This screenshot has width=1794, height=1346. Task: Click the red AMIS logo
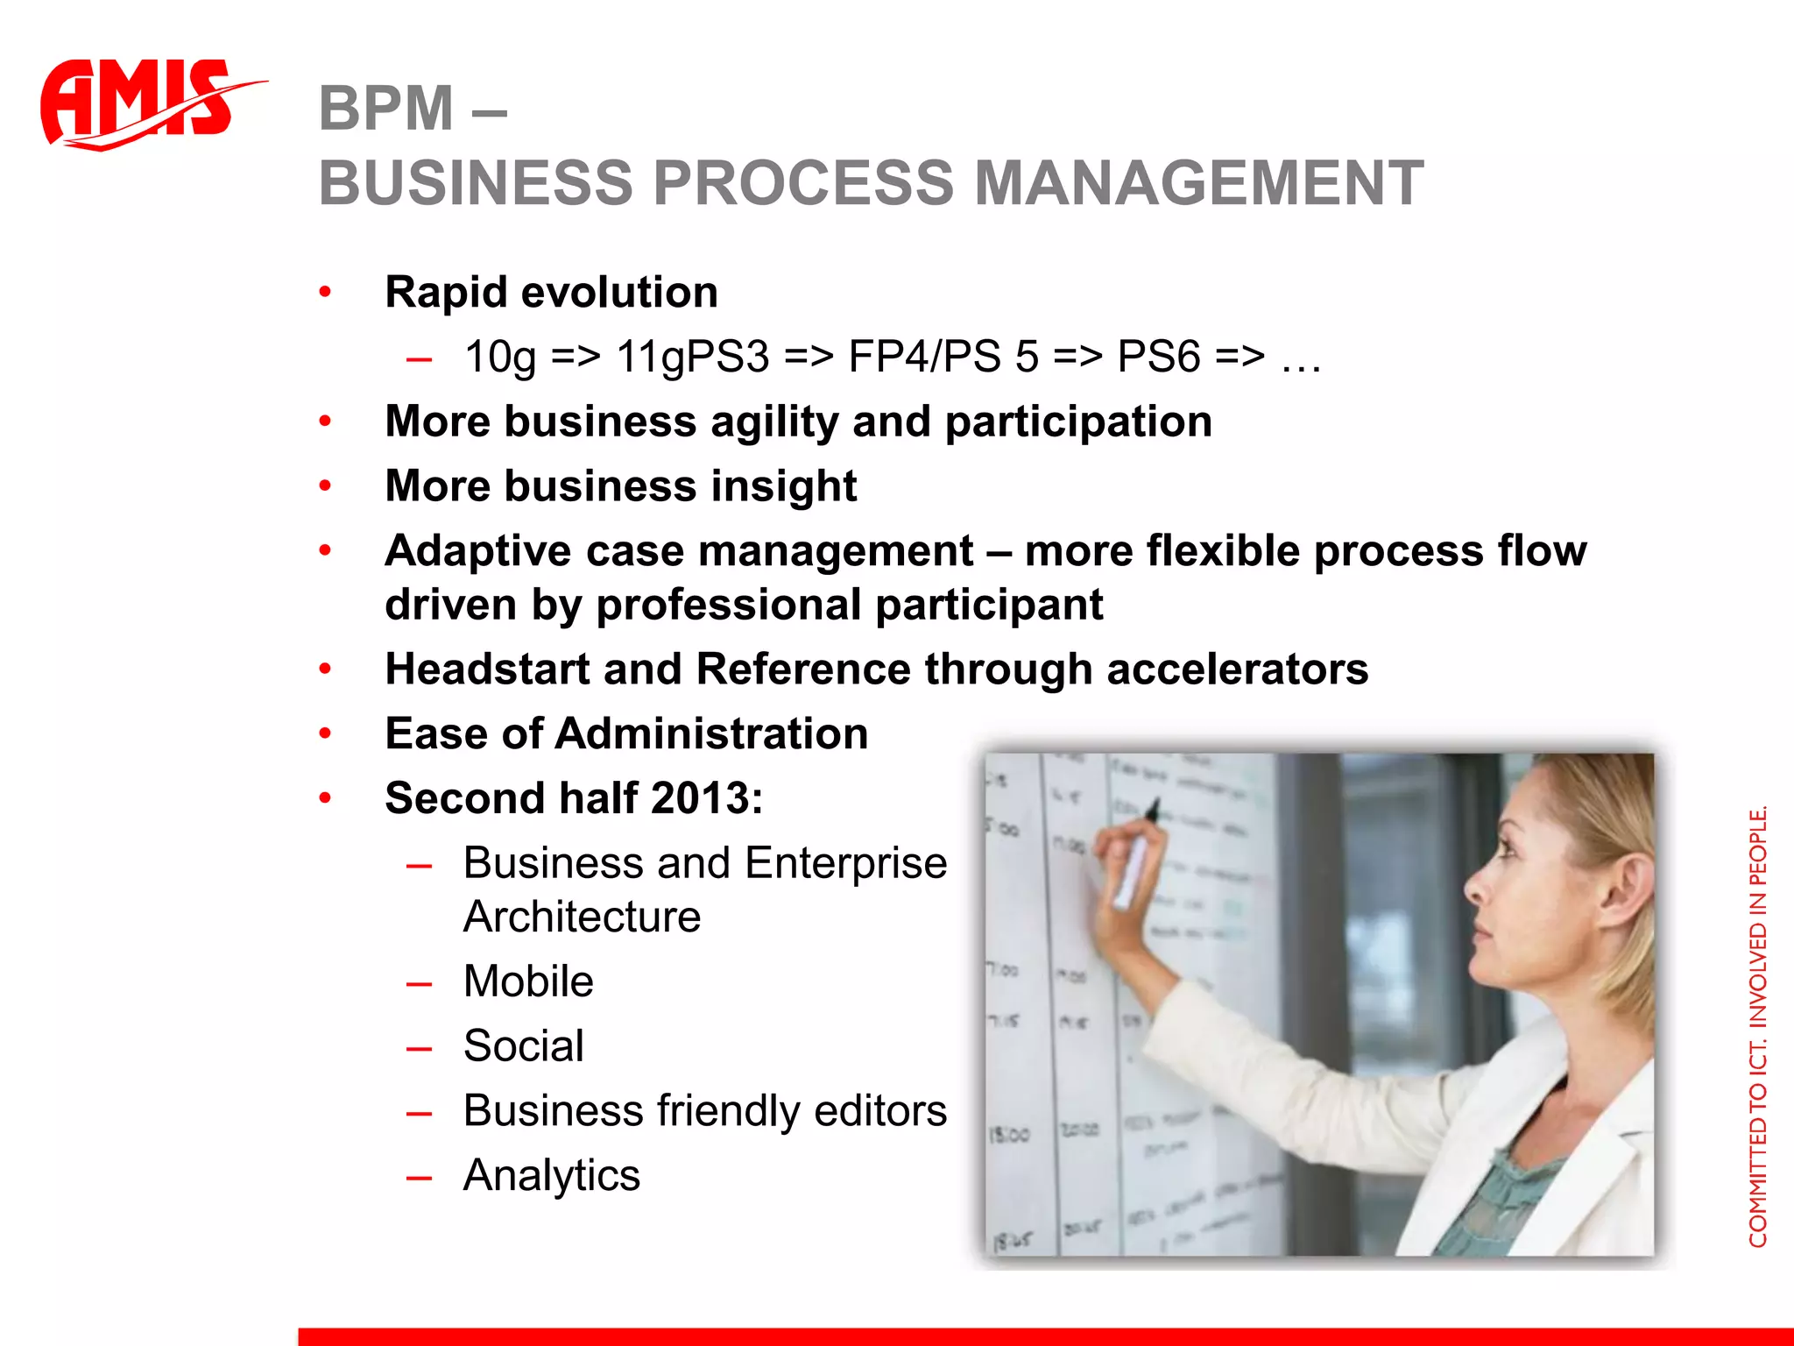pyautogui.click(x=140, y=103)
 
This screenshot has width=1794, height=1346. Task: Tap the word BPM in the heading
pyautogui.click(x=386, y=109)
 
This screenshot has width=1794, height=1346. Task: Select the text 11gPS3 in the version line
pyautogui.click(x=692, y=358)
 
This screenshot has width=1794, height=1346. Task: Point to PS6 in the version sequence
pyautogui.click(x=1158, y=357)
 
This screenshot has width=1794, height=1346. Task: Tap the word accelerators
pyautogui.click(x=1236, y=669)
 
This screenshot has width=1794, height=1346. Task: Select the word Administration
pyautogui.click(x=710, y=733)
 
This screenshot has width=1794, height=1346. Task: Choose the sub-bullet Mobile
pyautogui.click(x=528, y=981)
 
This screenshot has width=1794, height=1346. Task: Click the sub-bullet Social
pyautogui.click(x=523, y=1045)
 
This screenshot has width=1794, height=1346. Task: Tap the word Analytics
pyautogui.click(x=551, y=1175)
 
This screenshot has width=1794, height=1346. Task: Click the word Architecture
pyautogui.click(x=582, y=917)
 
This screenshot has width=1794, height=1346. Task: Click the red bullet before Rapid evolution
pyautogui.click(x=325, y=292)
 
